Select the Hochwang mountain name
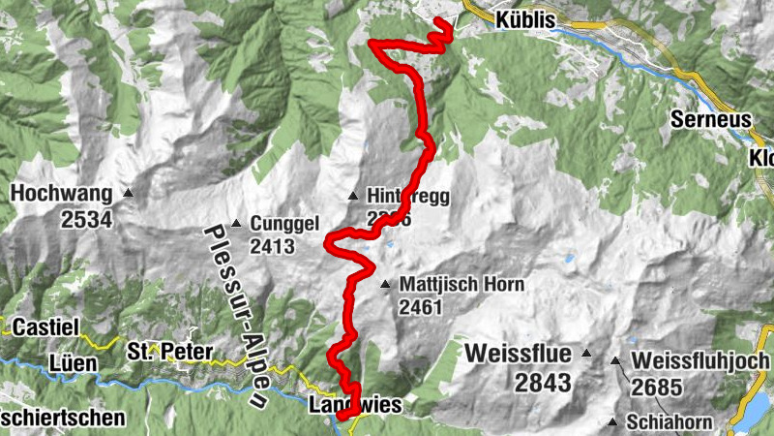(x=59, y=194)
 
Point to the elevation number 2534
(x=86, y=219)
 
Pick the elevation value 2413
(x=272, y=246)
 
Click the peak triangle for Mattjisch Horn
(x=385, y=285)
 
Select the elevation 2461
(x=419, y=308)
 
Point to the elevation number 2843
(x=543, y=383)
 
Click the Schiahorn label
(x=669, y=422)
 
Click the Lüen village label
(x=71, y=364)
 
